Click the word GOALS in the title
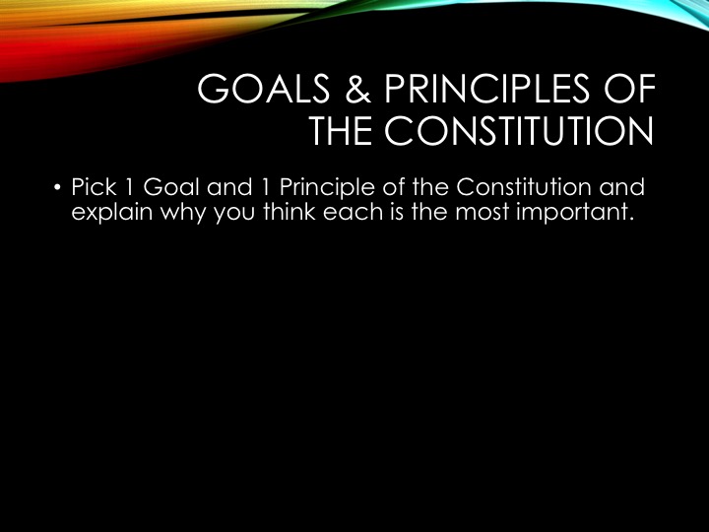[x=264, y=89]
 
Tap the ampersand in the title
[x=357, y=89]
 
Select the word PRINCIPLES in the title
[x=487, y=89]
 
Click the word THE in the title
[x=341, y=131]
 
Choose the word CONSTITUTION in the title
[x=519, y=131]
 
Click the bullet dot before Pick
[x=57, y=187]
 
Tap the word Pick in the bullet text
[x=95, y=187]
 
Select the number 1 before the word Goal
[x=129, y=187]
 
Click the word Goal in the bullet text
[x=171, y=187]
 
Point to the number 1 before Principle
[x=266, y=187]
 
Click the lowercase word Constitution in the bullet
[x=523, y=187]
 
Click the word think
[x=289, y=211]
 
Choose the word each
[x=354, y=211]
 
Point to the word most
[x=482, y=212]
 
